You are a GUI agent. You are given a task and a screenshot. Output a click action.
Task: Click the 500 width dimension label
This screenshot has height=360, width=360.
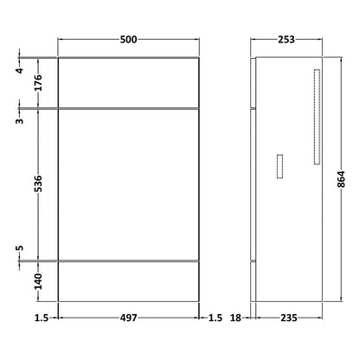(128, 40)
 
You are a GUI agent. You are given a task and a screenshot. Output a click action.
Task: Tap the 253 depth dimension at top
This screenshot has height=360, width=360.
(286, 40)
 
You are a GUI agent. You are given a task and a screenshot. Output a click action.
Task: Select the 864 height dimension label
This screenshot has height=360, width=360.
(341, 179)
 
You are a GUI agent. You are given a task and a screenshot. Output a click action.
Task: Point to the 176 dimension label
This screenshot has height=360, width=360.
(38, 82)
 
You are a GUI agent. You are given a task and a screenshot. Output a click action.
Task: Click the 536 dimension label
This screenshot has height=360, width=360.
(38, 183)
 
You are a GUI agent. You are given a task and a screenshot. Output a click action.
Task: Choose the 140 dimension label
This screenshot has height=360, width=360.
(38, 281)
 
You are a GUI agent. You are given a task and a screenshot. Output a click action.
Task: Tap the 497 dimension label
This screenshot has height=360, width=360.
(129, 318)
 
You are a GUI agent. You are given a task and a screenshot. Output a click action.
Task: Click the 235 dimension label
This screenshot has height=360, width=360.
(289, 318)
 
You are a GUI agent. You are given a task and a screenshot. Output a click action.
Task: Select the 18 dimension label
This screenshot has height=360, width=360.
(235, 318)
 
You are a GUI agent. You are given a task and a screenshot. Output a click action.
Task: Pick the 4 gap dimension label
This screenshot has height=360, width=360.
(20, 70)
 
